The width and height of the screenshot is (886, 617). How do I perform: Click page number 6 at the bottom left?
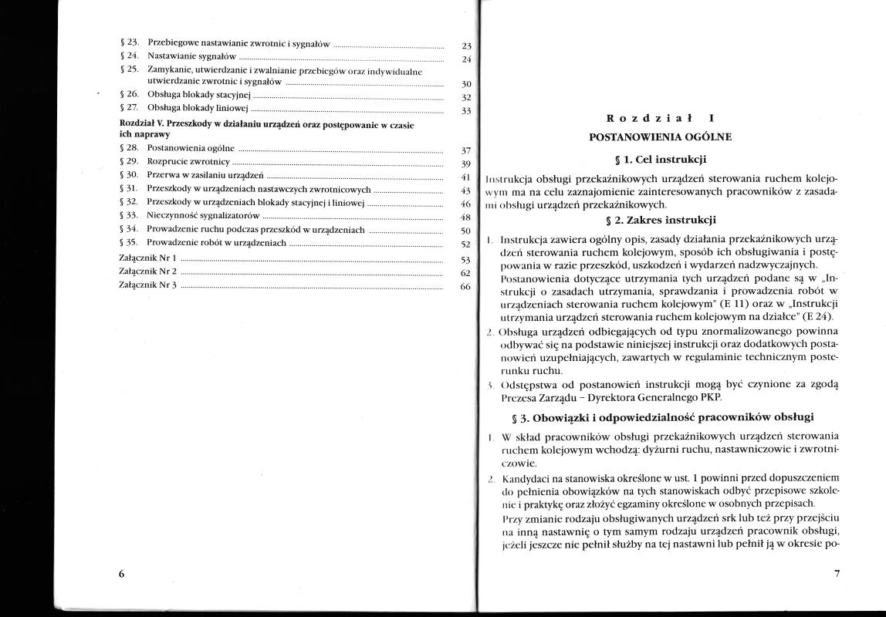122,574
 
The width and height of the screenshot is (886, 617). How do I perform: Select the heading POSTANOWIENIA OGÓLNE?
660,137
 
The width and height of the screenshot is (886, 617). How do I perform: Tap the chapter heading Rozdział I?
660,119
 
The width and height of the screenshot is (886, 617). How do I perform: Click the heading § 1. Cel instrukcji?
660,160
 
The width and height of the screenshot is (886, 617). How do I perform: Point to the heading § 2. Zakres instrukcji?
660,220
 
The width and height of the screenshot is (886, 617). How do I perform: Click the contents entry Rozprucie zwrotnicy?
188,162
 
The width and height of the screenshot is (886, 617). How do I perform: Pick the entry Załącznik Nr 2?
148,271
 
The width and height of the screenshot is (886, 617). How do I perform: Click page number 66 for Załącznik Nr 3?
465,287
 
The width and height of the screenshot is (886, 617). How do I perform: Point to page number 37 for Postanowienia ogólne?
465,150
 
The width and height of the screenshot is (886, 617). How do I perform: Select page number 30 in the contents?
465,84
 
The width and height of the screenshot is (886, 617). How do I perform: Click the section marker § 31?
130,189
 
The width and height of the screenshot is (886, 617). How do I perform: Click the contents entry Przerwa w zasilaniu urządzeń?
206,175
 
